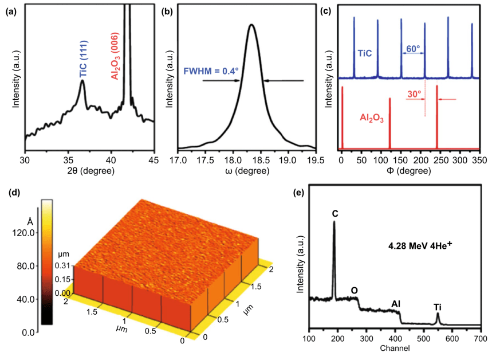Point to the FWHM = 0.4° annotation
211,72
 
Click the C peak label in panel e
334,214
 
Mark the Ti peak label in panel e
438,306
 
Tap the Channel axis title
394,348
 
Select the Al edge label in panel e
396,303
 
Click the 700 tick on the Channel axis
480,338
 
